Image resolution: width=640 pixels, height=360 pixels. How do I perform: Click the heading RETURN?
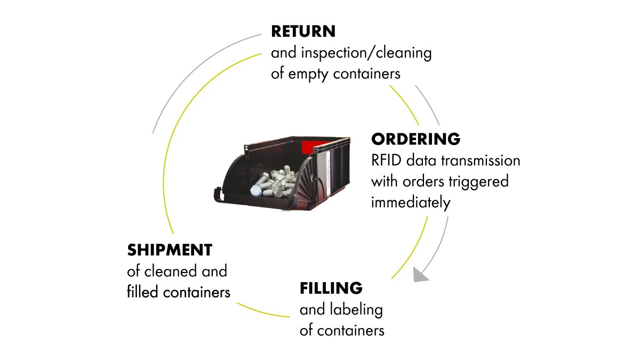303,31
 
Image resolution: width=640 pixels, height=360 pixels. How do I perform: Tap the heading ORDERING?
415,139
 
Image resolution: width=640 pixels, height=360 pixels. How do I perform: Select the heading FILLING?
331,288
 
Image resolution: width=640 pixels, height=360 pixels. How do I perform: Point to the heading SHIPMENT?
169,250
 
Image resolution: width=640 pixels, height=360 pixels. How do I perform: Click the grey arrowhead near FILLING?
421,275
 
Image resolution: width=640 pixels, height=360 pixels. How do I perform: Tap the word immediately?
411,203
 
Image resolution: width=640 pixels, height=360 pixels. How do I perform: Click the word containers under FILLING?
350,331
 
